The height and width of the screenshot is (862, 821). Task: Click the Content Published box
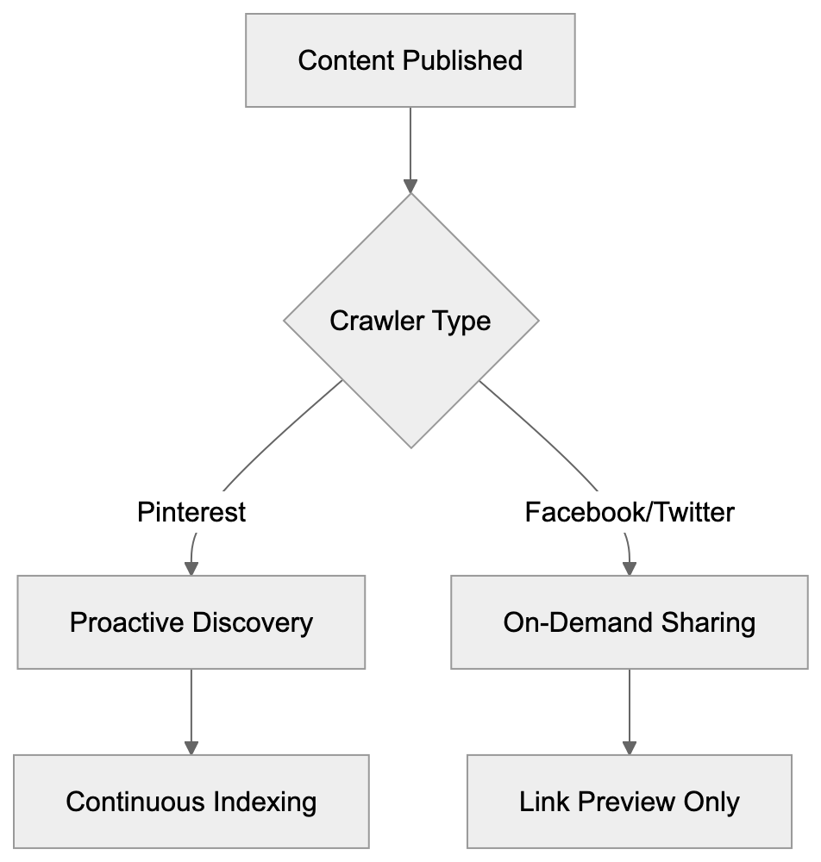410,60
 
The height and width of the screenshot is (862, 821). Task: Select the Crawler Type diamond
410,321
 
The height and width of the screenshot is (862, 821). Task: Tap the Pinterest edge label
191,513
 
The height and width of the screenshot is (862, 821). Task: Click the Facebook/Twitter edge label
630,513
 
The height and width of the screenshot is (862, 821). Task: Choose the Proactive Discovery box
191,622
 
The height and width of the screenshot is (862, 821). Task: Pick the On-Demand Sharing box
630,622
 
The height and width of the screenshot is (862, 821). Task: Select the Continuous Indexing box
191,803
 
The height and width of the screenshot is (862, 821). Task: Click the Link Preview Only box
630,803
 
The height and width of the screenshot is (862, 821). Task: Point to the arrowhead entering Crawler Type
410,186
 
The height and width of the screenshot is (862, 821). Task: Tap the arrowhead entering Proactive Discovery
191,568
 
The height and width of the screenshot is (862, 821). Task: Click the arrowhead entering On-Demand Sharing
630,568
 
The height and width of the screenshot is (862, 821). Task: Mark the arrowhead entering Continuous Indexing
191,747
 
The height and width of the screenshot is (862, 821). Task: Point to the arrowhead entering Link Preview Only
630,747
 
